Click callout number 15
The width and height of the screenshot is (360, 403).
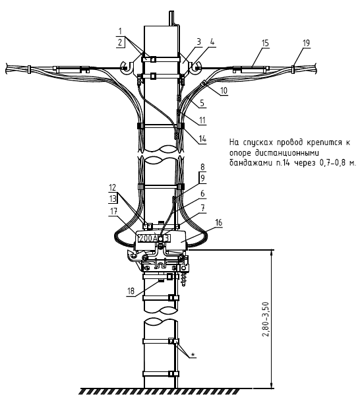pos(265,43)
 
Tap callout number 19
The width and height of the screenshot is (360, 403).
pos(306,43)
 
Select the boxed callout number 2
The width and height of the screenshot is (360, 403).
pos(120,42)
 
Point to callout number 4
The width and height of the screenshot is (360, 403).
pos(212,42)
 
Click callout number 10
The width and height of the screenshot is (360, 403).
pos(224,90)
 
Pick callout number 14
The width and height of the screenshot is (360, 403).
pos(202,139)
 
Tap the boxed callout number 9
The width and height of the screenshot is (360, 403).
pos(202,178)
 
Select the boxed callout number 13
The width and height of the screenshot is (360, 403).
pos(113,199)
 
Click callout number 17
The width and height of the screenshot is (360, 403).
pos(114,211)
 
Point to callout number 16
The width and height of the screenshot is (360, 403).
pos(219,222)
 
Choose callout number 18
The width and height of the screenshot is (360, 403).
pos(131,291)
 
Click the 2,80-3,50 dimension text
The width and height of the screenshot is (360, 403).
pos(266,319)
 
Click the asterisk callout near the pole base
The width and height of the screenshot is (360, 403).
pos(193,355)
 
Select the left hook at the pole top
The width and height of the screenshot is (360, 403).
pos(127,67)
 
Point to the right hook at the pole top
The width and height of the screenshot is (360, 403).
pos(196,67)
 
